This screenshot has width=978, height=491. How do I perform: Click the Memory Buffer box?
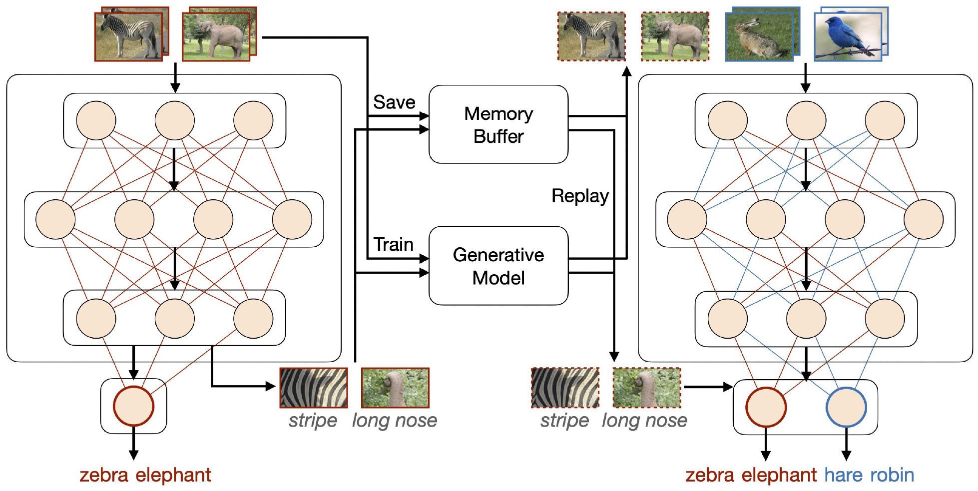498,124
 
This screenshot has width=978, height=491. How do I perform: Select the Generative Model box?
498,266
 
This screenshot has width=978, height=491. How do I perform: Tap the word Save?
394,102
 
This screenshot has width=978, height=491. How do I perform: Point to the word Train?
394,244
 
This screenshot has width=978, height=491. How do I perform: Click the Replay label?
580,196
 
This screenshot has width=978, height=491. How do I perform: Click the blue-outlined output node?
846,407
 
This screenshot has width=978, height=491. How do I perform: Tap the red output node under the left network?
133,406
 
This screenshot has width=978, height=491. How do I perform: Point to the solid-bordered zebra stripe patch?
313,388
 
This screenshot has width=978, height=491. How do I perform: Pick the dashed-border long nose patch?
646,388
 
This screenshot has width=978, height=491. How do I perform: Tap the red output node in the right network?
766,407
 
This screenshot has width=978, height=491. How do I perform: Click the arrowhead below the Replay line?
614,357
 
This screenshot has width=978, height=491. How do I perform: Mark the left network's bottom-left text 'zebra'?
104,475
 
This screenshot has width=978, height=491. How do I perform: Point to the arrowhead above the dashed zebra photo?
626,71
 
